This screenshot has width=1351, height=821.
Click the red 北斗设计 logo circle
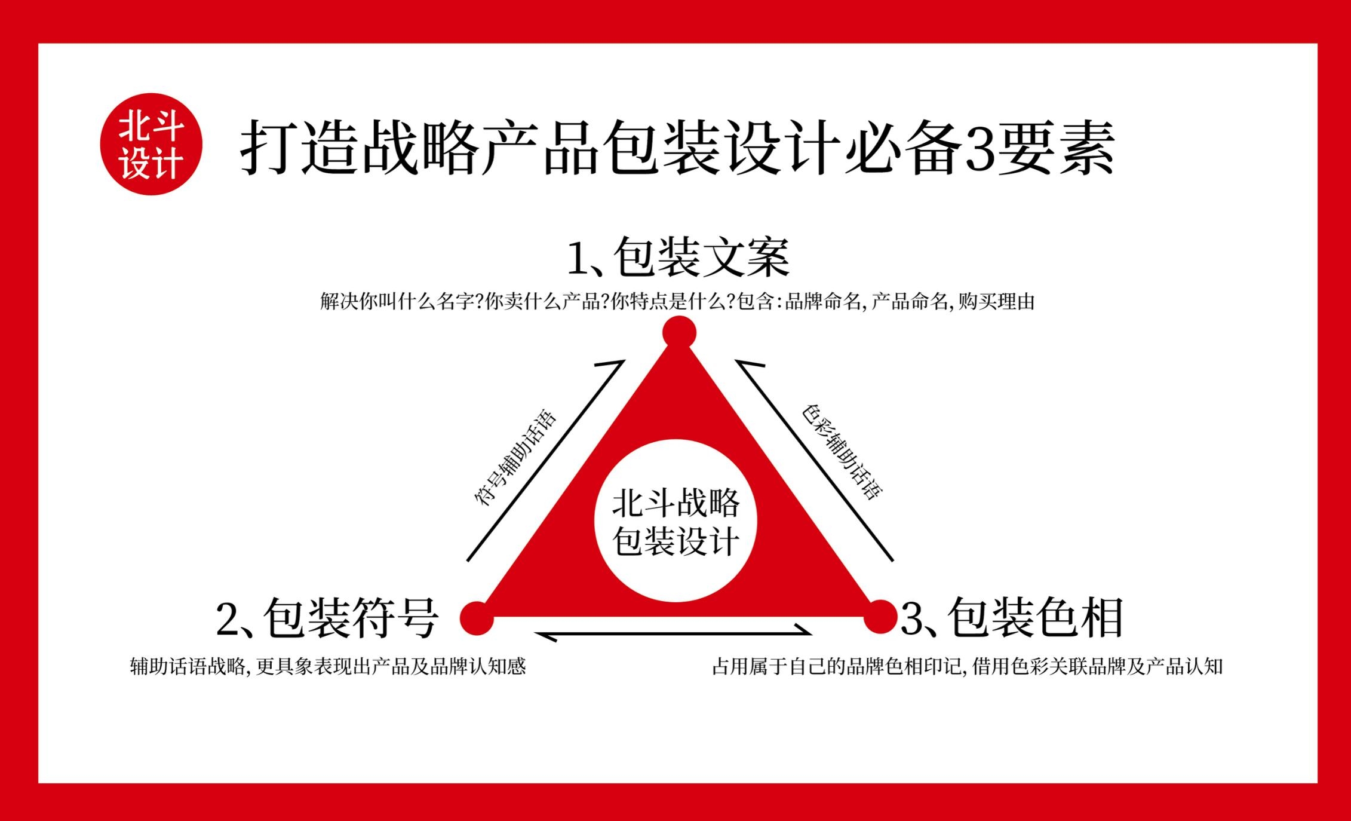pyautogui.click(x=151, y=144)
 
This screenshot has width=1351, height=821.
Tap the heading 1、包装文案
pyautogui.click(x=678, y=258)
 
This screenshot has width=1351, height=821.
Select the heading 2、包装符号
pyautogui.click(x=327, y=618)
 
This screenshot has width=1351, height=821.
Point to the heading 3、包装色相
pyautogui.click(x=1012, y=618)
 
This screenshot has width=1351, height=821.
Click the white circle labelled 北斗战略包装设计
pyautogui.click(x=675, y=520)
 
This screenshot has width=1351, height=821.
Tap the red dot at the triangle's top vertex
pyautogui.click(x=679, y=332)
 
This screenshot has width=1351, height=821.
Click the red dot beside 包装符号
pyautogui.click(x=477, y=617)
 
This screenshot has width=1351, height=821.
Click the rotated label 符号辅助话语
pyautogui.click(x=515, y=459)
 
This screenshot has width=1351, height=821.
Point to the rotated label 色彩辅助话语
pyautogui.click(x=842, y=452)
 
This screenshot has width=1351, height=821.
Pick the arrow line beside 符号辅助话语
pyautogui.click(x=545, y=461)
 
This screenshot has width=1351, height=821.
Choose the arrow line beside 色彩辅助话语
pyautogui.click(x=814, y=461)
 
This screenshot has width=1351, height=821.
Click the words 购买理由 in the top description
pyautogui.click(x=996, y=302)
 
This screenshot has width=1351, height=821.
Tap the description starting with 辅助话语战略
pyautogui.click(x=328, y=666)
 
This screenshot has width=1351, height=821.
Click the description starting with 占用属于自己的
pyautogui.click(x=968, y=666)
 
